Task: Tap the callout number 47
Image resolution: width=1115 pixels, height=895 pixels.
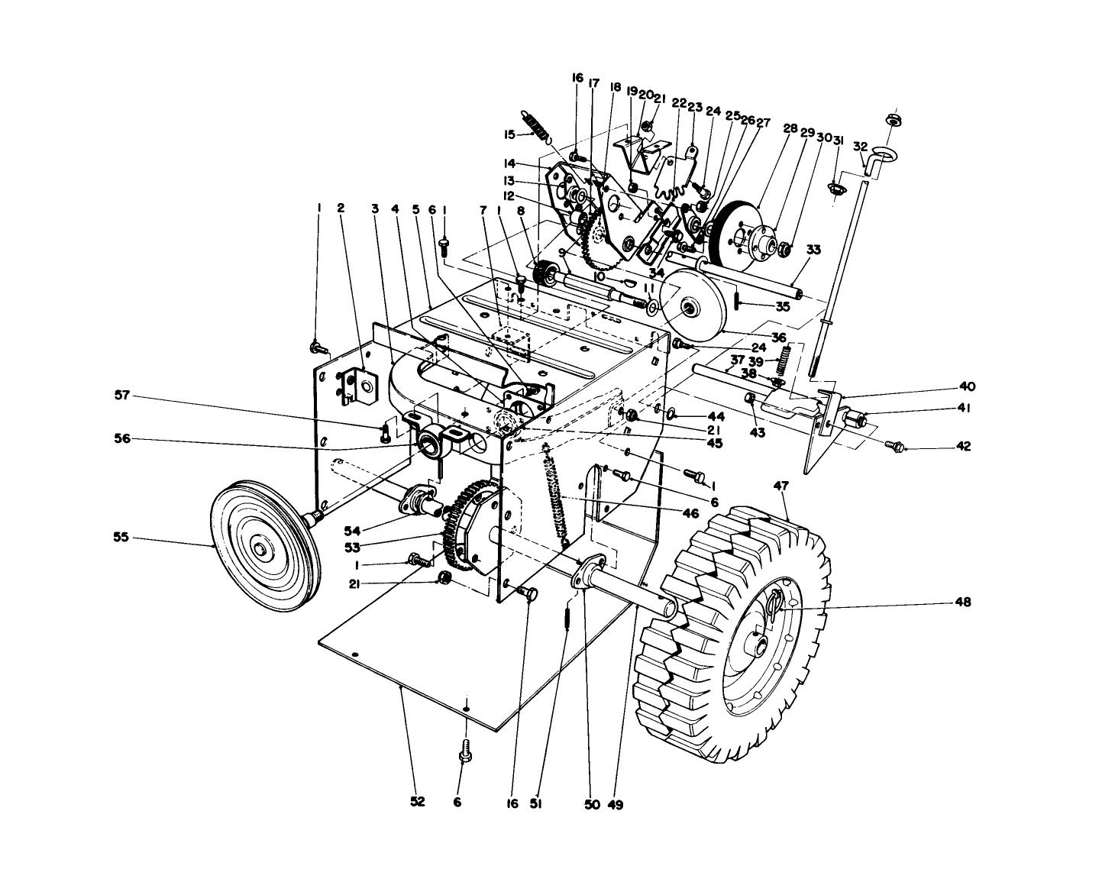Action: pyautogui.click(x=780, y=485)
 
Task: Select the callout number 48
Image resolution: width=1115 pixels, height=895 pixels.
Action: pyautogui.click(x=962, y=602)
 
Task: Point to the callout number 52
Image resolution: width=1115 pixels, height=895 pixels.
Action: pyautogui.click(x=417, y=802)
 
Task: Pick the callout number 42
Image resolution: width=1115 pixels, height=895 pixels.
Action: pyautogui.click(x=963, y=447)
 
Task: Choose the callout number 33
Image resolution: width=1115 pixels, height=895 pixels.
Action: pyautogui.click(x=813, y=249)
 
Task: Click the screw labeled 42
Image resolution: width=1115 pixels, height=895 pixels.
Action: pyautogui.click(x=894, y=444)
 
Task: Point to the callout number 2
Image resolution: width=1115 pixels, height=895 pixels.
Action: pyautogui.click(x=341, y=208)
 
